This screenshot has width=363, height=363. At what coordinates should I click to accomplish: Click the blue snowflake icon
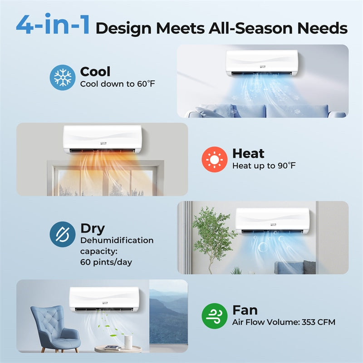tap(62, 77)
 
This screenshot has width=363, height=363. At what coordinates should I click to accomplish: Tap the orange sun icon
tap(214, 159)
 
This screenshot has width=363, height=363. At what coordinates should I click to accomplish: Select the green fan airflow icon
tap(214, 315)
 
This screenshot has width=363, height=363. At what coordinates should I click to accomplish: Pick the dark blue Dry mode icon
tap(62, 234)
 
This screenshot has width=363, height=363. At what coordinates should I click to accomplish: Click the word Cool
tap(95, 72)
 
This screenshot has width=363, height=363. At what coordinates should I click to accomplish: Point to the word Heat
tap(248, 154)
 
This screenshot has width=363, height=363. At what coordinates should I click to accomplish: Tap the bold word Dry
tap(92, 229)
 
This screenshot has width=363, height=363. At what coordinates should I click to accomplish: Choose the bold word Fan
tap(245, 310)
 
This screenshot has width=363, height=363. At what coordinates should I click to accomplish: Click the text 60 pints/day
tap(106, 262)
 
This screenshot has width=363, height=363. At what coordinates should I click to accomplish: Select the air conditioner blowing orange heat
tap(102, 139)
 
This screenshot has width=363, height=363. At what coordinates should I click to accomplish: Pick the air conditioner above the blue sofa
tap(262, 64)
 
